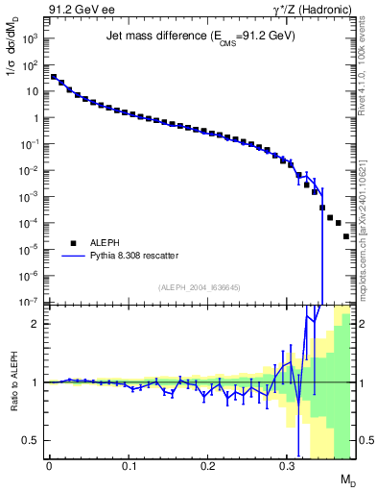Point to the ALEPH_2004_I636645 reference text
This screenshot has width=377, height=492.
point(200,288)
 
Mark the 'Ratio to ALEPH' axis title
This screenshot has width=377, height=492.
point(12,382)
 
